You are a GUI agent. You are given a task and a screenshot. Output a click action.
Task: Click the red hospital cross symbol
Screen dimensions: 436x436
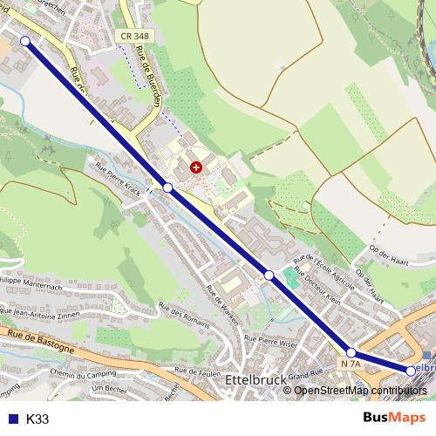(195, 166)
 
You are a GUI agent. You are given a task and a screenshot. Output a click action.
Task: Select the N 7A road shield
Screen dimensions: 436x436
(351, 364)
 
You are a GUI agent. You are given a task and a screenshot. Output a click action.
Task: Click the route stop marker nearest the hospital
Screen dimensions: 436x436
(167, 187)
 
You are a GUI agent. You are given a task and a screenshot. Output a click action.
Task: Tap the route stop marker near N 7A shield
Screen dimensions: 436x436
(351, 352)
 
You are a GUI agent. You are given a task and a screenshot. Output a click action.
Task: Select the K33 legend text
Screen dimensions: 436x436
(37, 419)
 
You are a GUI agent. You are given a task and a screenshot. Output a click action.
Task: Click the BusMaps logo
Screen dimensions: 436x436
(394, 418)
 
